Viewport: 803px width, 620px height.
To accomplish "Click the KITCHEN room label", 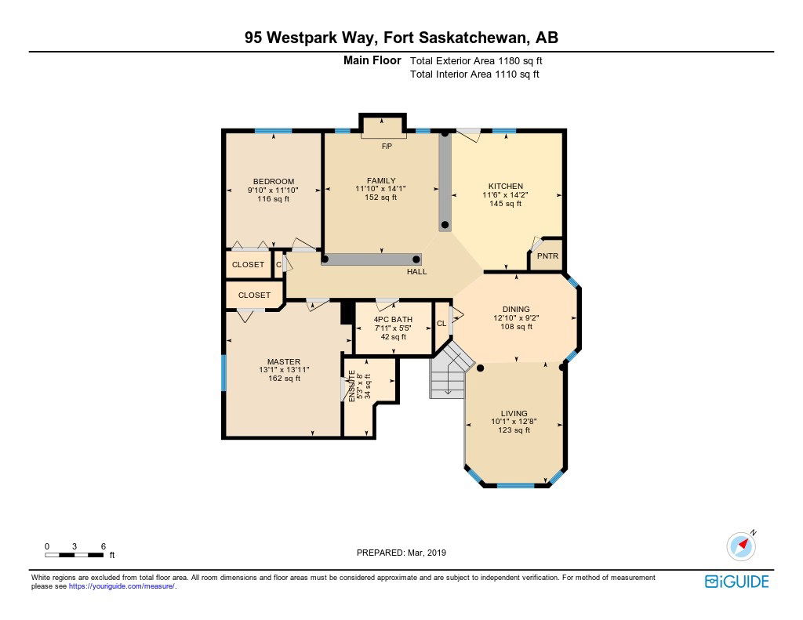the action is tap(506, 187).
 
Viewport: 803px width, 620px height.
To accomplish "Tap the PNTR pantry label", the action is tap(547, 256).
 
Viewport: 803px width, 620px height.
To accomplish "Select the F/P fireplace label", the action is tap(387, 147).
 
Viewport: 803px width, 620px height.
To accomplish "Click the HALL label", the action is tap(417, 272).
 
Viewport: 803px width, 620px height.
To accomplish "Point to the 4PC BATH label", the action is tap(393, 320).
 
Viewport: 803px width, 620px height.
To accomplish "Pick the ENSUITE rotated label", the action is tap(352, 386).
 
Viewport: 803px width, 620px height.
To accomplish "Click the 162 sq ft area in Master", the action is tap(284, 379).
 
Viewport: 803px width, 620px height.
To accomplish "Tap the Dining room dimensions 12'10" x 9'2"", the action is tap(516, 318).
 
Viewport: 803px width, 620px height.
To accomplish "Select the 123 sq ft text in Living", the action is tap(514, 430).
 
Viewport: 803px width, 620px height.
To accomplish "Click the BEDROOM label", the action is tap(274, 181).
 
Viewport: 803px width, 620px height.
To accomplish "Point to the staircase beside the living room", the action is tap(448, 372).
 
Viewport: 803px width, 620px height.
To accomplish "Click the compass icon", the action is tap(741, 546).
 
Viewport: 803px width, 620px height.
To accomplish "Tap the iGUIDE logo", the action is tap(737, 582).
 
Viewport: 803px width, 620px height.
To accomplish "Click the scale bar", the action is tap(74, 555).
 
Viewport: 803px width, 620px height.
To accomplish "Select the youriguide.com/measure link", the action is tap(122, 587).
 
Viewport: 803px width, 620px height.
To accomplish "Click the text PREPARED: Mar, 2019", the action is tap(401, 553).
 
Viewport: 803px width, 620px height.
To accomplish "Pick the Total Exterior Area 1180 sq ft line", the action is tap(476, 61).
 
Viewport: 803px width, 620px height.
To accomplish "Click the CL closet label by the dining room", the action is tap(441, 324).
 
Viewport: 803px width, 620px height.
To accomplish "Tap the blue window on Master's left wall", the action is tap(223, 373).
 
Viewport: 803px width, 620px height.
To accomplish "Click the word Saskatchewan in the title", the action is tap(472, 38).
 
